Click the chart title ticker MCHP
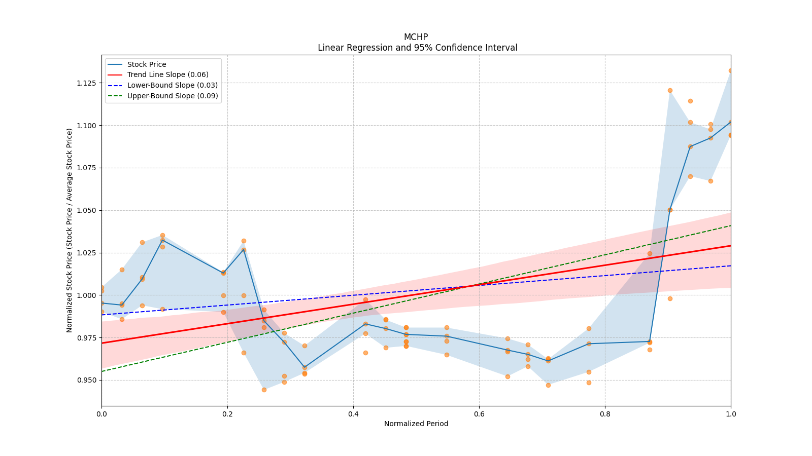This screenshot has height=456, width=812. tap(416, 37)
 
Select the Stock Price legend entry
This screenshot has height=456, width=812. tap(147, 64)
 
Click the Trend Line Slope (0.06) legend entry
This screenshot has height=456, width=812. tap(167, 75)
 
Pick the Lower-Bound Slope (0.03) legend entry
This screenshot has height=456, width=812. tap(172, 85)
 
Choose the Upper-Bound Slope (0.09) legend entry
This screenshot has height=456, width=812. tap(173, 96)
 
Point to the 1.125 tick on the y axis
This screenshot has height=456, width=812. tap(87, 83)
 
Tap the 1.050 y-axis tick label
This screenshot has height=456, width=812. tap(87, 210)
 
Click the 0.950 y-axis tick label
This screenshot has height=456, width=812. tap(87, 380)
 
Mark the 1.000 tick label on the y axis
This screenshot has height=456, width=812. tap(87, 295)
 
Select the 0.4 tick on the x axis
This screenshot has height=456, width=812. tap(353, 414)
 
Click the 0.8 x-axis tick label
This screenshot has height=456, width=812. tap(605, 414)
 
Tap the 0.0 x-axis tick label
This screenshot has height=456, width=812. tap(101, 414)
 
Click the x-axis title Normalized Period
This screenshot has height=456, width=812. tap(416, 424)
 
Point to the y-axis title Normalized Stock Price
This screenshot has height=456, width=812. tap(70, 230)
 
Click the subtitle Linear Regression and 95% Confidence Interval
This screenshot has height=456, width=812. tap(417, 48)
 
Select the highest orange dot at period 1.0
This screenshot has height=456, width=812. tap(731, 70)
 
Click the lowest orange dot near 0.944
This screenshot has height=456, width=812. tap(264, 390)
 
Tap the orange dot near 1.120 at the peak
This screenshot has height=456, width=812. tap(670, 90)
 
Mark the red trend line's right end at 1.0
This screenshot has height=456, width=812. tap(730, 246)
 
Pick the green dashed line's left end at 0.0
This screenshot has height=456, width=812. tap(102, 371)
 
